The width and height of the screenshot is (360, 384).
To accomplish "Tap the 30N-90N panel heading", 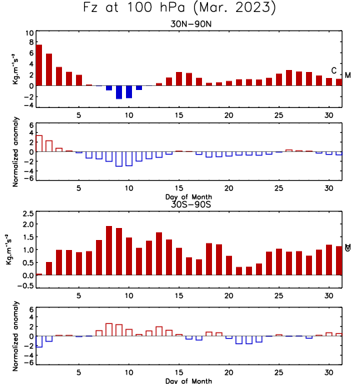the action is (191, 24).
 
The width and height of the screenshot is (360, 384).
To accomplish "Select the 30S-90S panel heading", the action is (191, 204).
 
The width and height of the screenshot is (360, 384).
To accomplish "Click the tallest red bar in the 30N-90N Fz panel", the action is (39, 65).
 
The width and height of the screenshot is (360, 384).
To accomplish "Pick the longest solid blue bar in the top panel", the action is (119, 92).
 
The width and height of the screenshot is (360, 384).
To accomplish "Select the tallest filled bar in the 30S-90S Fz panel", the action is (109, 251).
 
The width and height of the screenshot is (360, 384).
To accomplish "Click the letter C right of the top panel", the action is (334, 71).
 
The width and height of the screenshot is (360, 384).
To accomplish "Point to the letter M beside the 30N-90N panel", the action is (348, 75).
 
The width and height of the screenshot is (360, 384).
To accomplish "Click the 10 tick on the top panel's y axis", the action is (29, 33).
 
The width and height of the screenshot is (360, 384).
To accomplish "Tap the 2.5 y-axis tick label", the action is (28, 213).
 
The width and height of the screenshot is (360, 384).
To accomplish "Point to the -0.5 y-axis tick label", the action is (26, 286).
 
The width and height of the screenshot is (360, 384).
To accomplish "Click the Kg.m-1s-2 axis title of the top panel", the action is (15, 69).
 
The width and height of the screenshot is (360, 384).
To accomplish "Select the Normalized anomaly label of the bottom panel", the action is (15, 336).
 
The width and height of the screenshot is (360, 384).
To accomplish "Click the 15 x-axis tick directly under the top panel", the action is (179, 115).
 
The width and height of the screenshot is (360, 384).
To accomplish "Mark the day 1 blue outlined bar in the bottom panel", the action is (39, 341).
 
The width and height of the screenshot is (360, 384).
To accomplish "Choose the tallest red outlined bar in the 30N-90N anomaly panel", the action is (39, 143).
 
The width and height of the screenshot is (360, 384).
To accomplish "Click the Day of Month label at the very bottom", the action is (189, 381).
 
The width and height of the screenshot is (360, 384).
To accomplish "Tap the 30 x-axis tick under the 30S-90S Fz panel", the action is (329, 296).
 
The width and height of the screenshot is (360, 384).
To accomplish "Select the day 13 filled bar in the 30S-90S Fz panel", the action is (159, 254).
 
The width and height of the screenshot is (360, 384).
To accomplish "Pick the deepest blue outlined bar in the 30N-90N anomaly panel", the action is (119, 159).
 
